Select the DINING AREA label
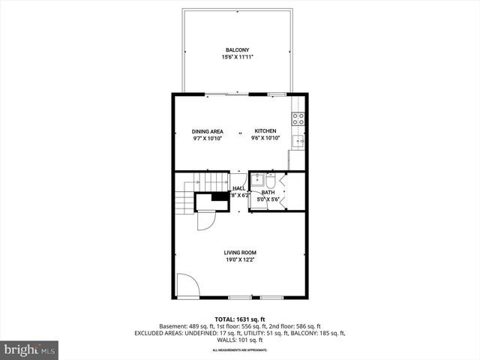(208, 131)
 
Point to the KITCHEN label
(265, 131)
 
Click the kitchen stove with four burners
(298, 118)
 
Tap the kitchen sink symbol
(298, 140)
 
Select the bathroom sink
(257, 179)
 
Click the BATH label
(268, 193)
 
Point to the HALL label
(238, 189)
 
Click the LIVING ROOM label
(239, 252)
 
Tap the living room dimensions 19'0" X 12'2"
(239, 259)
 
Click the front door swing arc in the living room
(187, 286)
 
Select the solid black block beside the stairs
(220, 196)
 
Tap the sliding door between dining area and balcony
(226, 94)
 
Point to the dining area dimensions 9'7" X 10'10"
(208, 139)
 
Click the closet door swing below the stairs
(205, 221)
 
